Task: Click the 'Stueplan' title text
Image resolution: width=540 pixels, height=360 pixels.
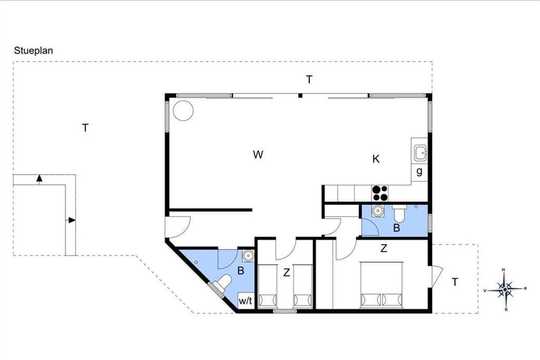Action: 33,51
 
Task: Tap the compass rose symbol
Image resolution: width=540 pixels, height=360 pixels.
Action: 505,289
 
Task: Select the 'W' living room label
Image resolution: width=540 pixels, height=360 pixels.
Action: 258,154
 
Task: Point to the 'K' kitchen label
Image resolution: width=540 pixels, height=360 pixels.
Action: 376,159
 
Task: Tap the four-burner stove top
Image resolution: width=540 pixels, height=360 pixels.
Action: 380,193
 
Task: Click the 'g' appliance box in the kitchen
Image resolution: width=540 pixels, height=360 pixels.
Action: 419,172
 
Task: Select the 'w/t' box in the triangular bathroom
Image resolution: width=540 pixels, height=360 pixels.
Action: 246,301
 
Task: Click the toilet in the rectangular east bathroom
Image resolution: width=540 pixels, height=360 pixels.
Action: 400,214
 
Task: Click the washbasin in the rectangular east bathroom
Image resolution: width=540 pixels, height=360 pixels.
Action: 378,211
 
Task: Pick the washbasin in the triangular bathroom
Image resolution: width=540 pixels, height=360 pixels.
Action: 248,256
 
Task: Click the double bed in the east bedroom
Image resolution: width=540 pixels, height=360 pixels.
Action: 381,285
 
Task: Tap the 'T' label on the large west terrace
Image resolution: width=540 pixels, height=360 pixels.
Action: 85,128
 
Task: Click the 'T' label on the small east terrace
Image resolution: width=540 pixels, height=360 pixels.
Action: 454,282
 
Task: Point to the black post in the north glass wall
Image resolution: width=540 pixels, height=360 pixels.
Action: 300,95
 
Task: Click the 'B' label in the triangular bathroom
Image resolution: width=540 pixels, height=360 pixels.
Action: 241,271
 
